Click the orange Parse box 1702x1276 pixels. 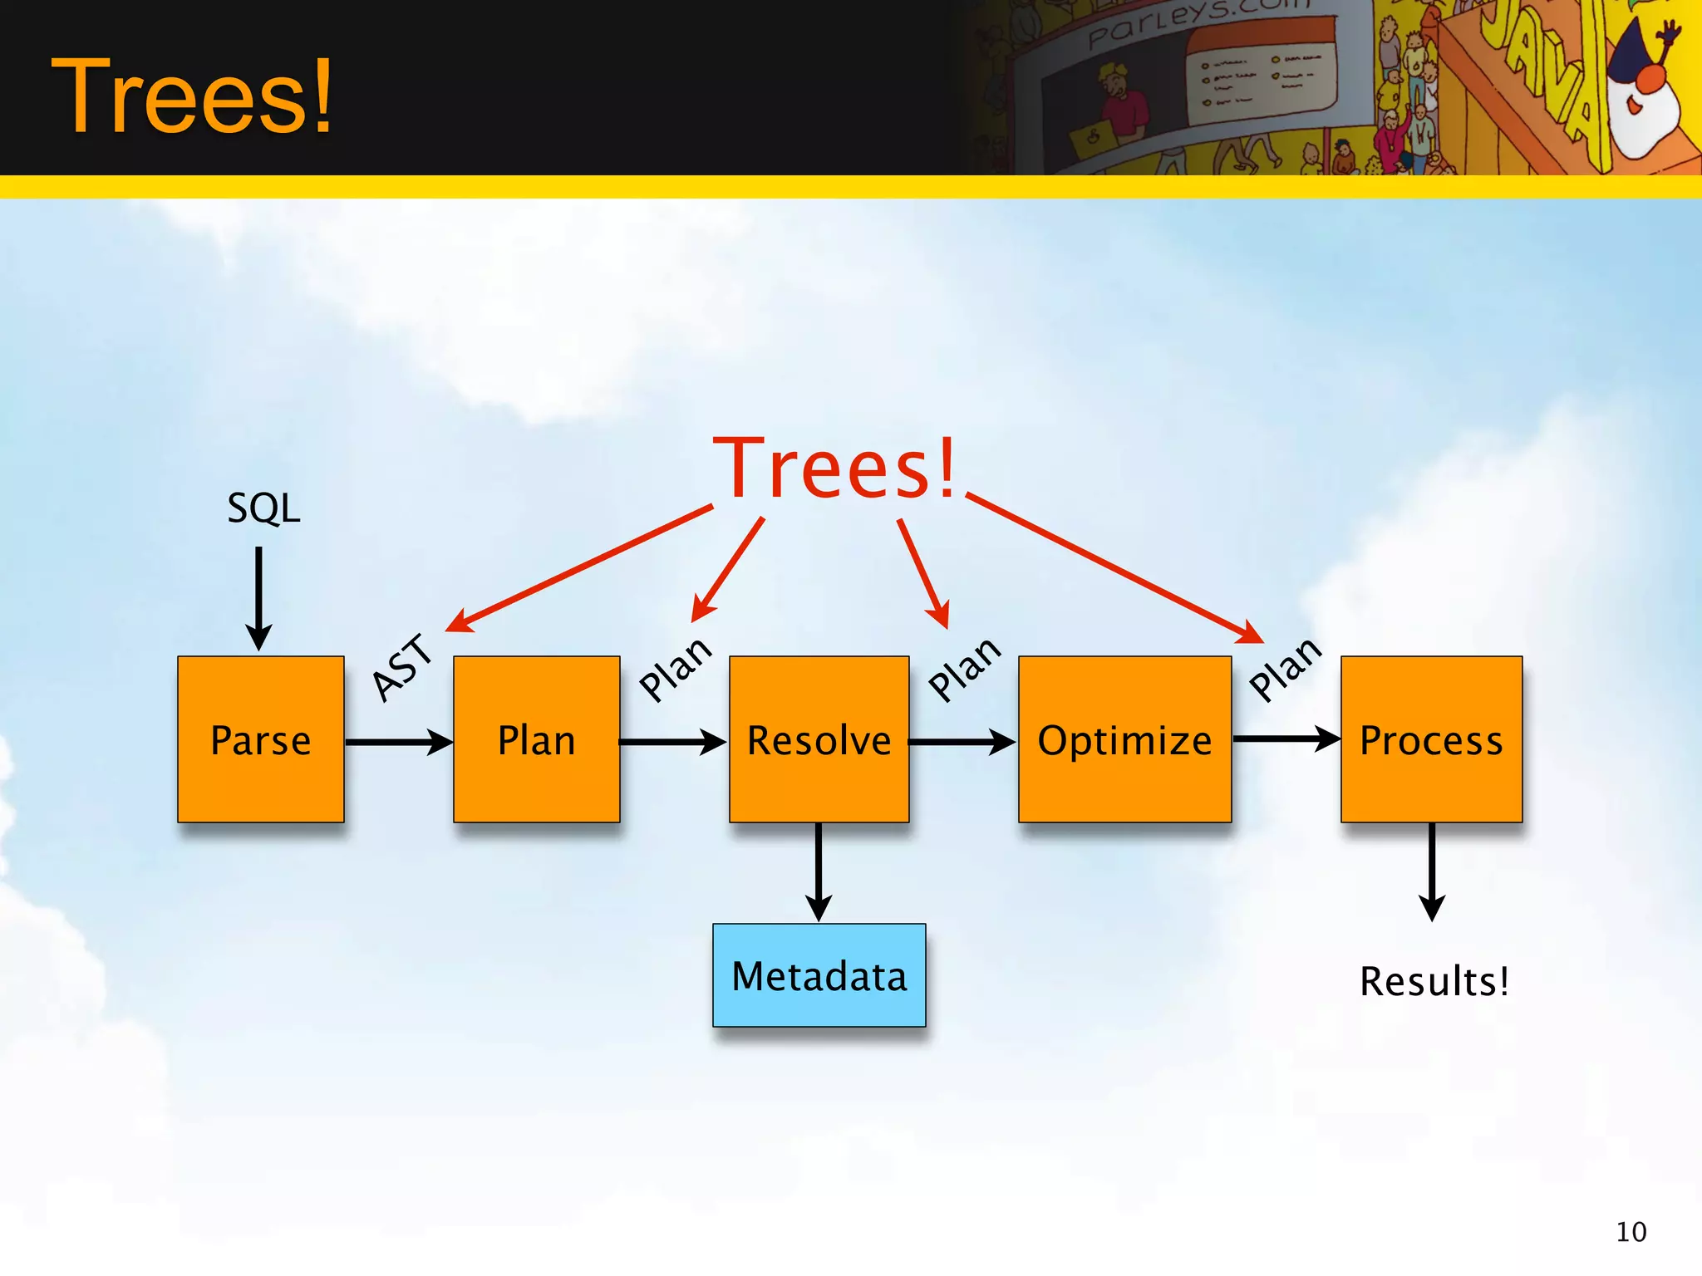pyautogui.click(x=260, y=739)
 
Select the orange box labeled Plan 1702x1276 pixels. pyautogui.click(x=536, y=739)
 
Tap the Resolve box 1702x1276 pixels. pyautogui.click(x=819, y=739)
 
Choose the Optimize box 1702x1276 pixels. pyautogui.click(x=1124, y=739)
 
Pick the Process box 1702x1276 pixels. pyautogui.click(x=1431, y=739)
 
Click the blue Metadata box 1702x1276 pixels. pyautogui.click(x=819, y=975)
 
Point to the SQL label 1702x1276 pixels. pyautogui.click(x=263, y=508)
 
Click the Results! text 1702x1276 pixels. pyautogui.click(x=1434, y=981)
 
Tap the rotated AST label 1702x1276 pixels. pyautogui.click(x=403, y=667)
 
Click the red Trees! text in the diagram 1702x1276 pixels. pyautogui.click(x=834, y=469)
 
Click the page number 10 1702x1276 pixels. pyautogui.click(x=1631, y=1231)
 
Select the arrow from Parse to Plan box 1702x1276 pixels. pyautogui.click(x=398, y=741)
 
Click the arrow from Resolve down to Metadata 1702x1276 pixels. pyautogui.click(x=819, y=871)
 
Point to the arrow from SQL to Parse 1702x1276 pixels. pyautogui.click(x=258, y=597)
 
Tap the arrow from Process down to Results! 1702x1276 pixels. pyautogui.click(x=1431, y=871)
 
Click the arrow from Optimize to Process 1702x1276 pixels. pyautogui.click(x=1286, y=738)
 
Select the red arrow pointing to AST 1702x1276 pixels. pyautogui.click(x=582, y=567)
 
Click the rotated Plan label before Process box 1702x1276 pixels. pyautogui.click(x=1285, y=669)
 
